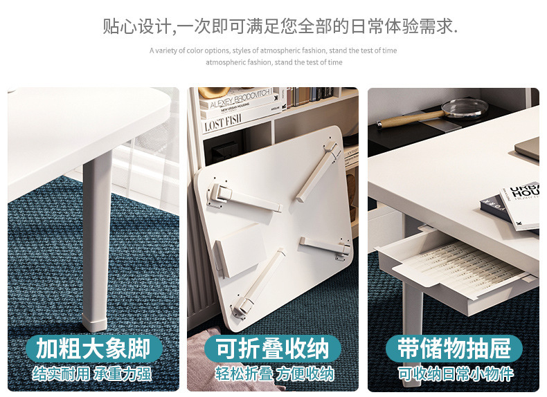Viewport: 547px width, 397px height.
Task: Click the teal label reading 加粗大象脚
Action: pos(93,349)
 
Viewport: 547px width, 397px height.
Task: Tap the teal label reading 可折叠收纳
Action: pos(273,349)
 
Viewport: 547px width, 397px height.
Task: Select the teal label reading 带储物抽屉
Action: pos(454,349)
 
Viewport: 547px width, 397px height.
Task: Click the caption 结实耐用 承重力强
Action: pos(93,375)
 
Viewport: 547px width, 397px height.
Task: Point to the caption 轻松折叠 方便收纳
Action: pos(274,375)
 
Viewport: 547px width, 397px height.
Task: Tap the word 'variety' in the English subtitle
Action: pos(168,50)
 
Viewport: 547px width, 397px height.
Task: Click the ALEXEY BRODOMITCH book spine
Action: pos(235,98)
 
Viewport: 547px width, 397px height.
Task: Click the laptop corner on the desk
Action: pos(528,148)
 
